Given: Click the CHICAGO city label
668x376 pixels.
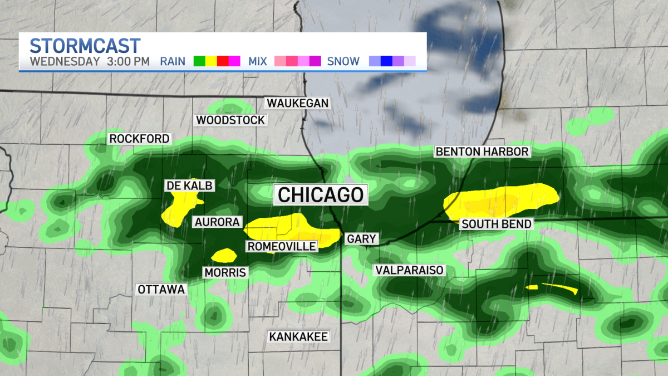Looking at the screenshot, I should click(x=321, y=195).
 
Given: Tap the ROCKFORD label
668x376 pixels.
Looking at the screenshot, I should click(x=139, y=139).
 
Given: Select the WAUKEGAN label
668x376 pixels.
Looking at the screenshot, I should click(x=298, y=103).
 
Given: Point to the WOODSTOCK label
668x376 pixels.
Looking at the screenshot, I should click(x=230, y=120).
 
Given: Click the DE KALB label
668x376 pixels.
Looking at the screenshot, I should click(x=189, y=185).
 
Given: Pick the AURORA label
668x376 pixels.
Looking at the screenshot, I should click(x=217, y=222).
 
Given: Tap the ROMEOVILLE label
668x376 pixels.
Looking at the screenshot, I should click(x=282, y=246).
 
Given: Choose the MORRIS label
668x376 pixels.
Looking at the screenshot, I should click(x=225, y=272).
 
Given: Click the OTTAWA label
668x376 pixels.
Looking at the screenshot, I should click(x=161, y=290).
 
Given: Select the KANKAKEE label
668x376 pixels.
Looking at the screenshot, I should click(x=298, y=336).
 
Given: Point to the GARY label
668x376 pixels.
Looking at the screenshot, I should click(x=362, y=239).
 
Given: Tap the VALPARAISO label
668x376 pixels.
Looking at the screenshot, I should click(x=409, y=270).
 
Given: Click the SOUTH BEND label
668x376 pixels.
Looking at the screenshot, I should click(x=496, y=224).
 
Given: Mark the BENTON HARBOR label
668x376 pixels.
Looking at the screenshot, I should click(x=482, y=152).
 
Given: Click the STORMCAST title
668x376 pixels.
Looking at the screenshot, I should click(x=85, y=45).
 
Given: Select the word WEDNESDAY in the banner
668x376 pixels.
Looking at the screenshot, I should click(x=65, y=61).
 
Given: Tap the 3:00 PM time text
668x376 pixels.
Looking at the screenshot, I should click(x=128, y=61).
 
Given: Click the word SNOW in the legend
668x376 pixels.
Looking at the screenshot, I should click(x=343, y=61).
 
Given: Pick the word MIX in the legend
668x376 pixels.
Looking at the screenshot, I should click(x=258, y=61).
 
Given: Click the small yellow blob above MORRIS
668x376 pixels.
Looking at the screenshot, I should click(x=224, y=255).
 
